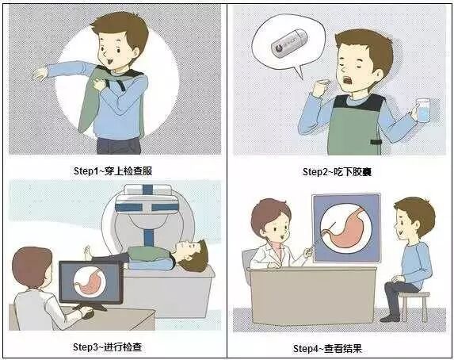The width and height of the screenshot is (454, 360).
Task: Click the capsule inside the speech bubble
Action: [289, 43]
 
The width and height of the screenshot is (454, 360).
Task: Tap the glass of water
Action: [423, 110]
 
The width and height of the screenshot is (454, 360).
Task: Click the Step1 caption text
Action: [113, 171]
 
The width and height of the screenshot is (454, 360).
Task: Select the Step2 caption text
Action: [337, 172]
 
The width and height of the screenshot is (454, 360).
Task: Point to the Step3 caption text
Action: [107, 347]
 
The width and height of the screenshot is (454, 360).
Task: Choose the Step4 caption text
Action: [327, 348]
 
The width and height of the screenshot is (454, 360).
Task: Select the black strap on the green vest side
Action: [376, 142]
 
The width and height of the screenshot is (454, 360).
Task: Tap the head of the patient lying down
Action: [193, 255]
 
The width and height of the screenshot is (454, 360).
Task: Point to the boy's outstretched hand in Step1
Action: [40, 74]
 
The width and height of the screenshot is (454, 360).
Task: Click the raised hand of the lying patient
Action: [88, 251]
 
